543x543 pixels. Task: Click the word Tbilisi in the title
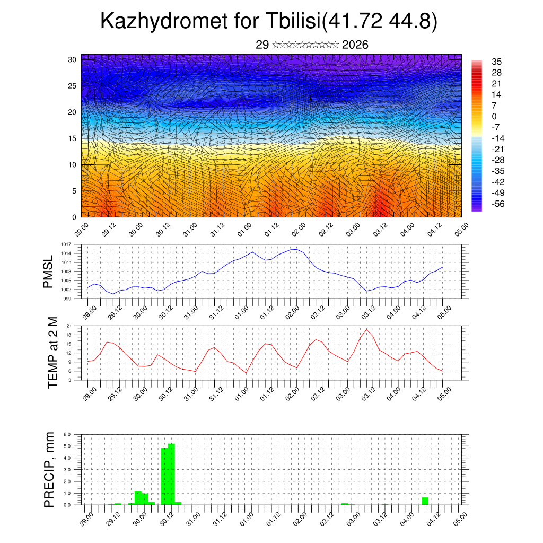[290, 22]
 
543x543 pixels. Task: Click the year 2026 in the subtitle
[355, 45]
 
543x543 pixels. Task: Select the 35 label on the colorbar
[497, 62]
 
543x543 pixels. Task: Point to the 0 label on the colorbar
[494, 116]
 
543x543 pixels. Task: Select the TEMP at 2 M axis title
[52, 352]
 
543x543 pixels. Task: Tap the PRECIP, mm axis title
[49, 468]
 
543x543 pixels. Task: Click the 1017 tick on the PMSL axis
[66, 244]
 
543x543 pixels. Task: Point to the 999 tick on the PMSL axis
[67, 299]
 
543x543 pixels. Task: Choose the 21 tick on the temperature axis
[69, 326]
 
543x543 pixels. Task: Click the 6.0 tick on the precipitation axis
[67, 434]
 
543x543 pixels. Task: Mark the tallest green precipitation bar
[171, 474]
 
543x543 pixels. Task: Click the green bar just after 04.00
[425, 501]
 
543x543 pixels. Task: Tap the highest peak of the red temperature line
[367, 330]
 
